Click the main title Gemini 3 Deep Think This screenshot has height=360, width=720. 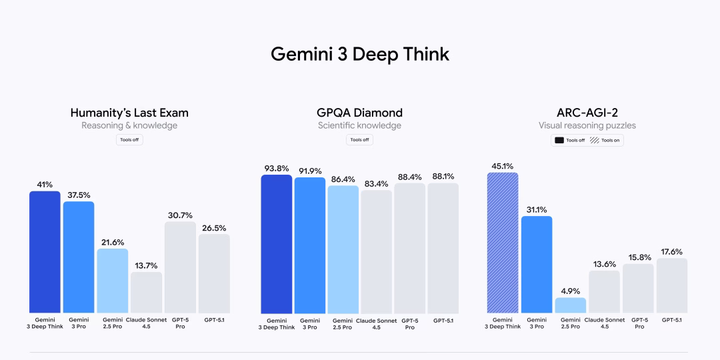click(x=360, y=54)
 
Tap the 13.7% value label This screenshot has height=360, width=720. click(x=146, y=265)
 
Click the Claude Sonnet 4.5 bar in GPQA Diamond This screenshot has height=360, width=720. click(x=376, y=252)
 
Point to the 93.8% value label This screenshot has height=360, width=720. click(x=276, y=168)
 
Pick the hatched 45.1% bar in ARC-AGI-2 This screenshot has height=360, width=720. click(x=503, y=243)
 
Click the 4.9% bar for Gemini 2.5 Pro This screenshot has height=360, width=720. click(x=570, y=305)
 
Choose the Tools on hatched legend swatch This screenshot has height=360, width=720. click(x=595, y=141)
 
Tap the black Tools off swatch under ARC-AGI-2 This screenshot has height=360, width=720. click(x=559, y=141)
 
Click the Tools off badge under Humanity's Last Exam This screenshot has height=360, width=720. click(x=129, y=139)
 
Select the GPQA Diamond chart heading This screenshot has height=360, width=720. click(x=360, y=113)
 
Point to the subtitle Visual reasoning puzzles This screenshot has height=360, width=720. click(x=587, y=125)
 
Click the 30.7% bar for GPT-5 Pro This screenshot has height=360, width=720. click(x=180, y=267)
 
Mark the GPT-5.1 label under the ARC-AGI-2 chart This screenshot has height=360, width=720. click(x=672, y=320)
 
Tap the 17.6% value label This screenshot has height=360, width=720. click(x=672, y=251)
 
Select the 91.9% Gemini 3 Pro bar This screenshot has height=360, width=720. click(x=310, y=245)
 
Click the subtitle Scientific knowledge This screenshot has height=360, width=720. click(x=360, y=125)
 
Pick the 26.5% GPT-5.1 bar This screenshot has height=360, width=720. click(x=214, y=273)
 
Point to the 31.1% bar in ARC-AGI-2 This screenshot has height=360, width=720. click(x=537, y=265)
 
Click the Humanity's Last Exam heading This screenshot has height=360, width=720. click(x=129, y=113)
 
